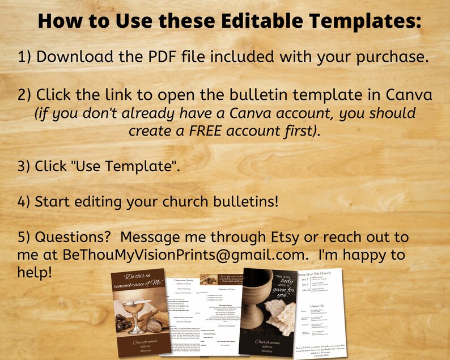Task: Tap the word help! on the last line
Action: pyautogui.click(x=35, y=273)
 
